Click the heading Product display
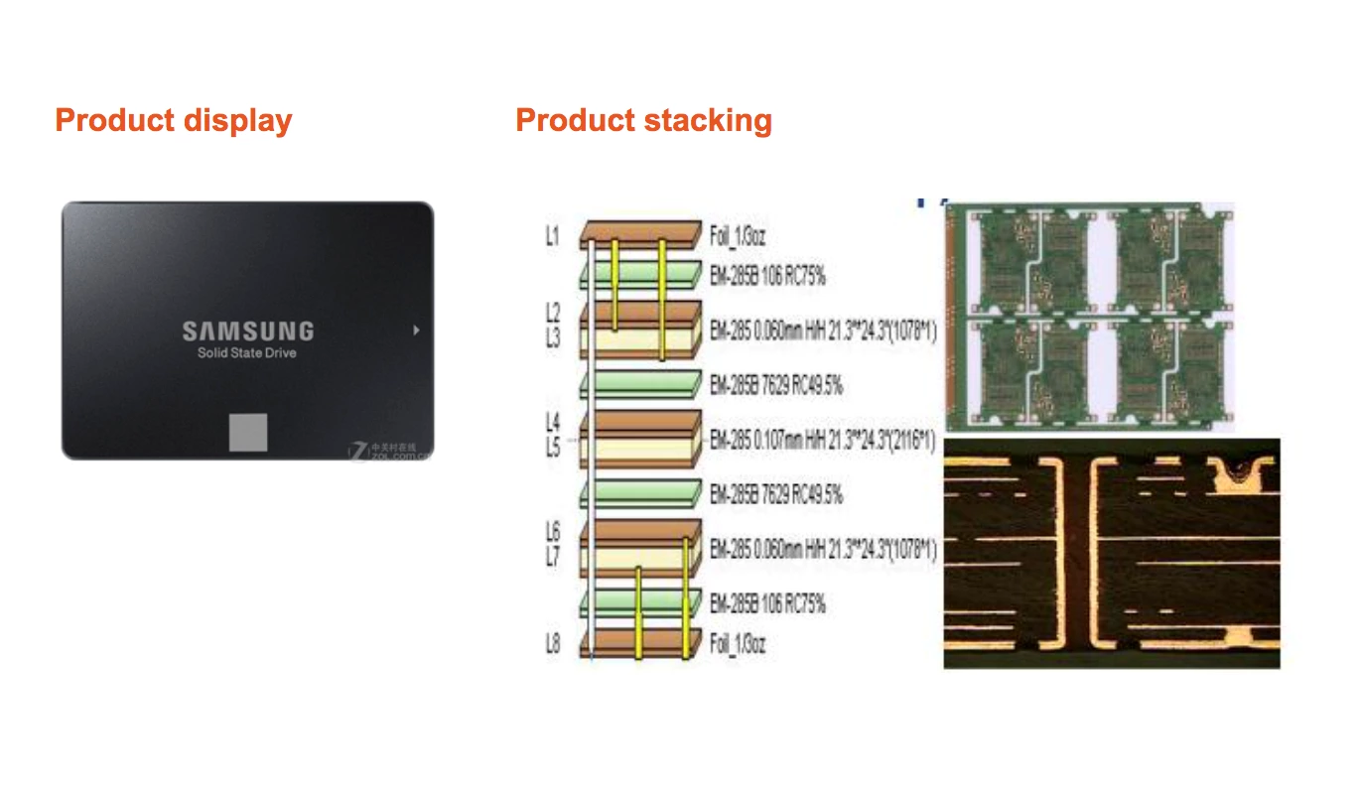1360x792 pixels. pos(174,121)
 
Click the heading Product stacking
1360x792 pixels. pos(643,121)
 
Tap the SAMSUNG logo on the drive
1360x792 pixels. pos(247,331)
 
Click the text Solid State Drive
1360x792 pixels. pos(247,353)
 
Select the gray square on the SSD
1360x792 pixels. pos(249,432)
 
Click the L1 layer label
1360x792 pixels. pos(553,237)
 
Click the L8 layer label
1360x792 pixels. pos(553,644)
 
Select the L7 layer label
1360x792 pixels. pos(553,558)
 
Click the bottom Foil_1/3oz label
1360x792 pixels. pos(738,644)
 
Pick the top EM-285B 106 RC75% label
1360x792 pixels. pos(767,277)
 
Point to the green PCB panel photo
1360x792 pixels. pos(1090,315)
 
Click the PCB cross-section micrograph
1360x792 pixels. pos(1111,553)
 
